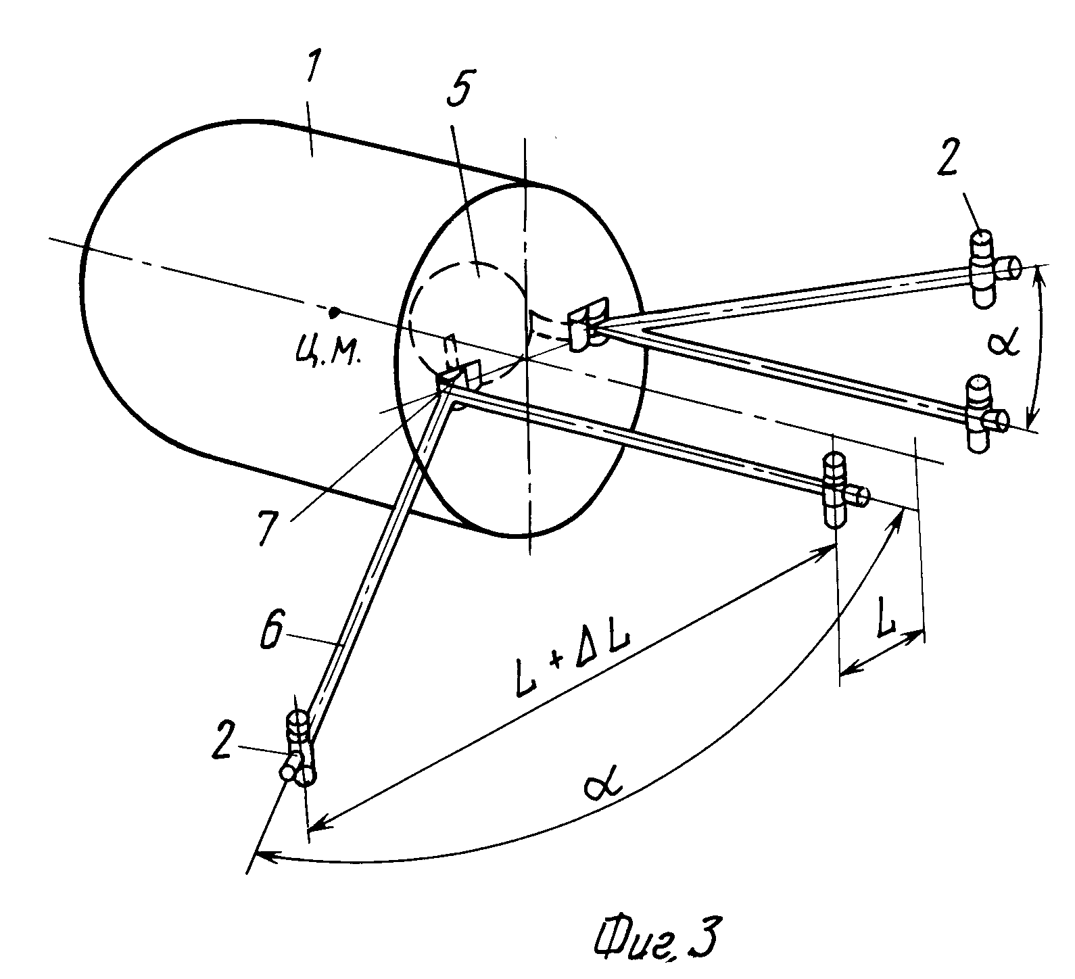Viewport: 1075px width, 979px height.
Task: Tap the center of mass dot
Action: click(333, 312)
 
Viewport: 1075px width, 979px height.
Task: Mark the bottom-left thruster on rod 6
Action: click(298, 747)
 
